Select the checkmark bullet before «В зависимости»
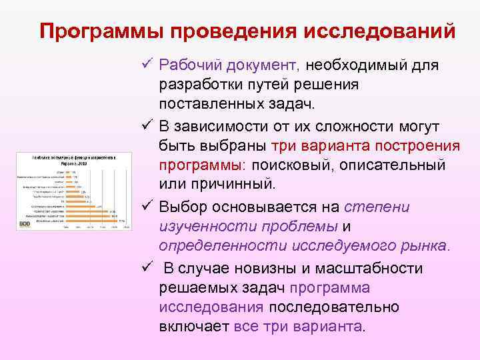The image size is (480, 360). click(147, 127)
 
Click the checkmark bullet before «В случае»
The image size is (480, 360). click(147, 269)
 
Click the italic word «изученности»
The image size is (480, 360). click(199, 227)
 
